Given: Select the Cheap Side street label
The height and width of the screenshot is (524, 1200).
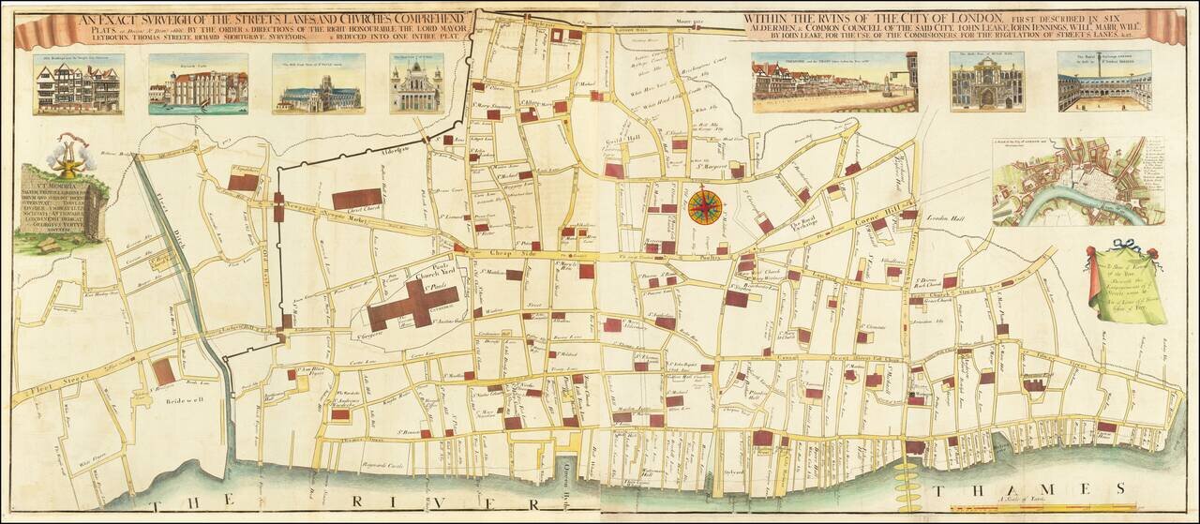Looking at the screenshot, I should click(x=502, y=254).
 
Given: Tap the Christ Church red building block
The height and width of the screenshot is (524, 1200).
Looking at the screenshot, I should click(x=356, y=199).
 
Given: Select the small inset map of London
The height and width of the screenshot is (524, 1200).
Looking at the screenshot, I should click(x=1078, y=182).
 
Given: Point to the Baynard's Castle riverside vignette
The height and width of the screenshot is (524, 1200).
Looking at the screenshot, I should click(x=198, y=85).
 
